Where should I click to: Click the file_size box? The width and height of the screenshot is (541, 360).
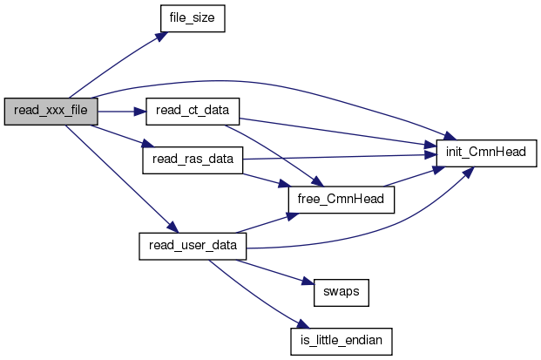click(193, 18)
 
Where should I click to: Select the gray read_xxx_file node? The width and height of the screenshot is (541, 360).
click(51, 112)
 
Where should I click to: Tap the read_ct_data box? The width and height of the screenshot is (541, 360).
click(193, 112)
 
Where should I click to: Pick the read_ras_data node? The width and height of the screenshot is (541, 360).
click(193, 160)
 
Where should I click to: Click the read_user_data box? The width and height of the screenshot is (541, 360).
click(193, 246)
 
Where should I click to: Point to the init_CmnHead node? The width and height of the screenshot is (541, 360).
click(486, 153)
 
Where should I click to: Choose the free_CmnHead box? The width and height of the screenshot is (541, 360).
click(342, 200)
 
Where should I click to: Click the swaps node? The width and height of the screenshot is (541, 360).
click(342, 293)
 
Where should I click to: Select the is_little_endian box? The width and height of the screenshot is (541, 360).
click(342, 342)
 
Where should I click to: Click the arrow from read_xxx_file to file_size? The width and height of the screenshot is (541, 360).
click(118, 64)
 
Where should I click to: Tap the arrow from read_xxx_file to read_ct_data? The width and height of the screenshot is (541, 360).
click(122, 112)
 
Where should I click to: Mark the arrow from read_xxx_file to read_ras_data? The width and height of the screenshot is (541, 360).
click(121, 136)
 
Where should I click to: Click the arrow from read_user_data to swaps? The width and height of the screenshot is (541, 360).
click(275, 272)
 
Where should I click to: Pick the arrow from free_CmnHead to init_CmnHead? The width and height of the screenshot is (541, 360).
click(414, 177)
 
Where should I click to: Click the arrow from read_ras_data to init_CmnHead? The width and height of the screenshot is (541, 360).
click(340, 157)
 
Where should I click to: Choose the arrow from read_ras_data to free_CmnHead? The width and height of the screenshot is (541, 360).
click(267, 180)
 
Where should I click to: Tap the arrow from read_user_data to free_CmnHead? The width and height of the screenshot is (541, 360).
click(267, 223)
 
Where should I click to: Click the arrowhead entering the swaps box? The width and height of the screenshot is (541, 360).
click(309, 282)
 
